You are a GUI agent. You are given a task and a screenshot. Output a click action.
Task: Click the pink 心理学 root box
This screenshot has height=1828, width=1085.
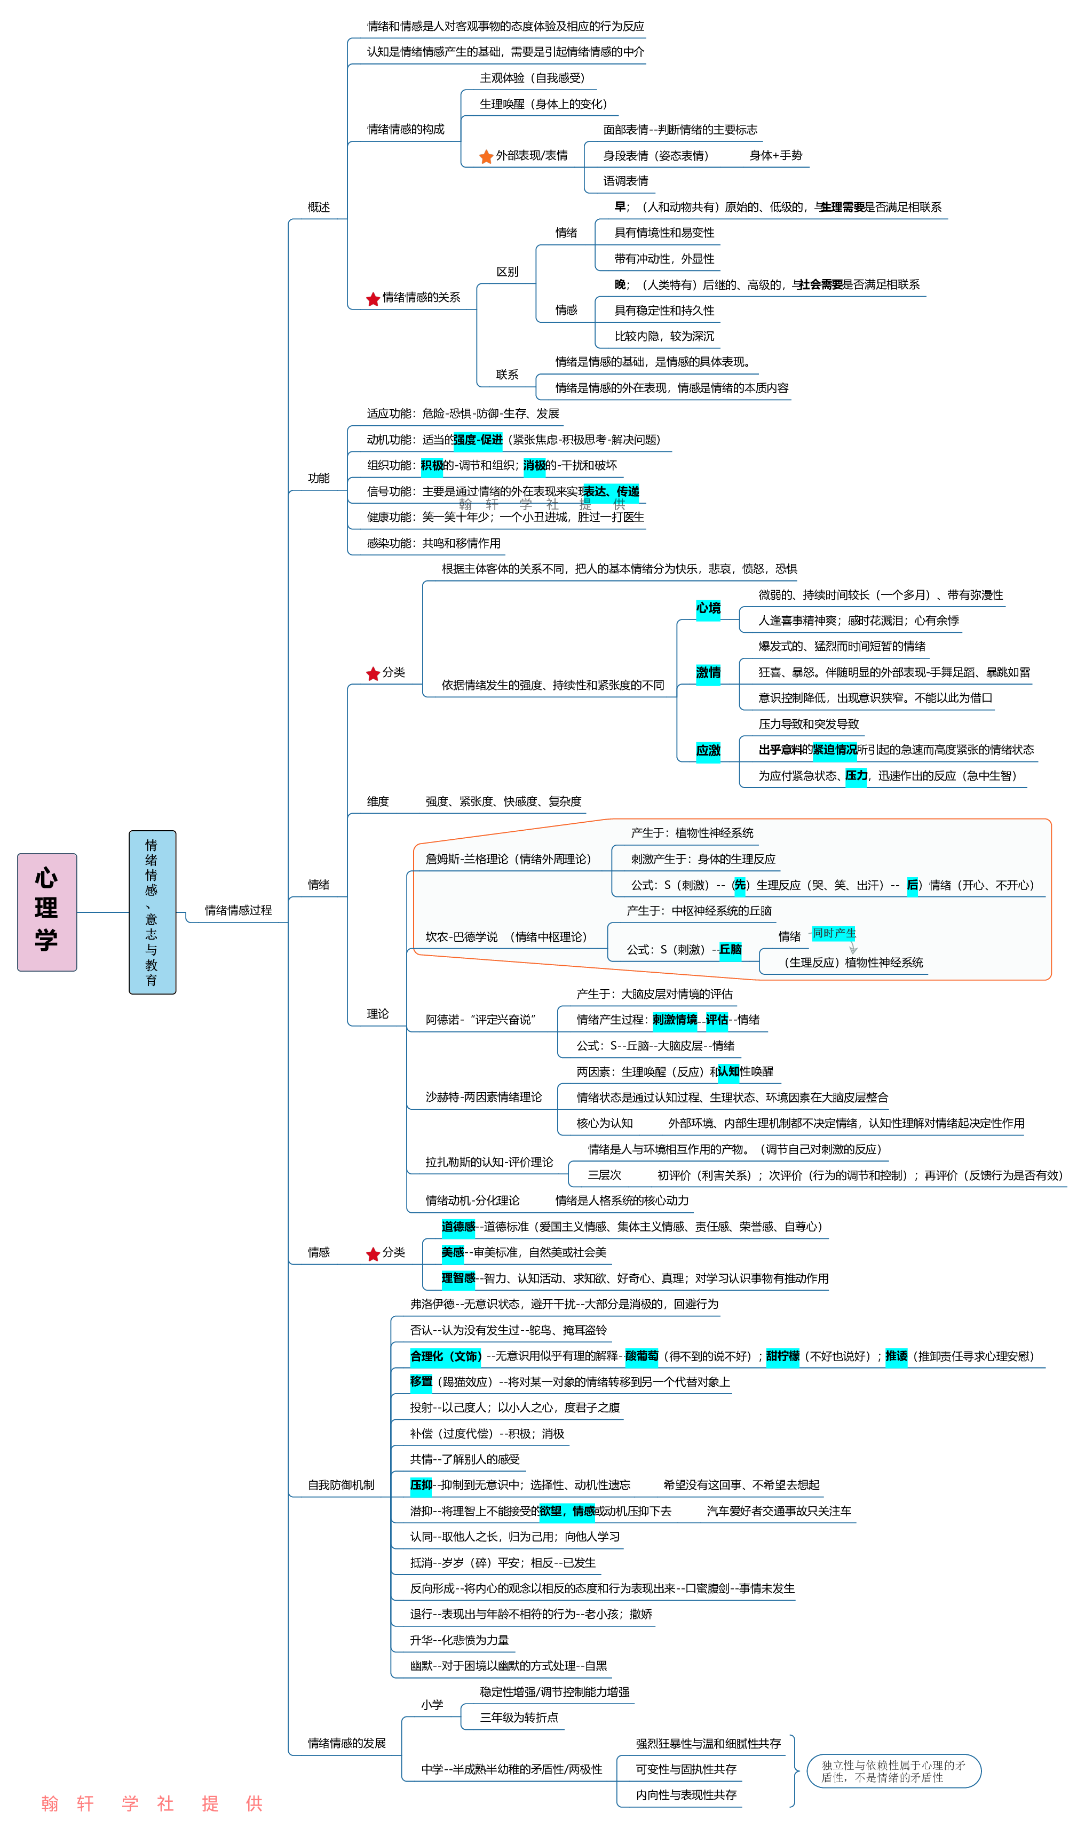tap(47, 911)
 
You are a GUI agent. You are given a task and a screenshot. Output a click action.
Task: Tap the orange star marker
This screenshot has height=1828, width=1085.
tap(486, 157)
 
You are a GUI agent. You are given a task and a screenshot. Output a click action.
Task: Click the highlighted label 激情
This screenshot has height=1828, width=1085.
tap(708, 672)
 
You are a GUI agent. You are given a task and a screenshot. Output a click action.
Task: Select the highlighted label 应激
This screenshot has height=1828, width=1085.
tap(708, 750)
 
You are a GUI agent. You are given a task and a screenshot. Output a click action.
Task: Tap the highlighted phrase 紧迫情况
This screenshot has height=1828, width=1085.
tap(834, 750)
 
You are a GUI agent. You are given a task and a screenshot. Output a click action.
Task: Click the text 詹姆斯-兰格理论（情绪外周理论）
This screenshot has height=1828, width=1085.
tap(509, 859)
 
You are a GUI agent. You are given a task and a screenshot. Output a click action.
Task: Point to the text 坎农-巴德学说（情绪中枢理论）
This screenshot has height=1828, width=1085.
tap(506, 937)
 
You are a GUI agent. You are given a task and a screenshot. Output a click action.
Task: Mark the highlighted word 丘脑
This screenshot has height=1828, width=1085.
tap(731, 949)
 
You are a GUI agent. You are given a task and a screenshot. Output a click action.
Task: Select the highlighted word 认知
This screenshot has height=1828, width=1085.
tap(728, 1071)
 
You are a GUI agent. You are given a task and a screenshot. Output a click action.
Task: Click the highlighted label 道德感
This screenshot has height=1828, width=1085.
tap(458, 1227)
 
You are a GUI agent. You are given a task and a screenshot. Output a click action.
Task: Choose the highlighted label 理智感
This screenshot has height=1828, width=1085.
tap(458, 1278)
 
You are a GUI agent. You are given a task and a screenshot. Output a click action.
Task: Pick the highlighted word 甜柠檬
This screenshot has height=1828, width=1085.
tap(782, 1356)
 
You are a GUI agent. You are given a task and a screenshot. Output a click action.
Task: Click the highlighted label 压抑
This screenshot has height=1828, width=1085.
tap(421, 1485)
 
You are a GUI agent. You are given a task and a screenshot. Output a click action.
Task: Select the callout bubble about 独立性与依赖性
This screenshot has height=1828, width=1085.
tap(893, 1771)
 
